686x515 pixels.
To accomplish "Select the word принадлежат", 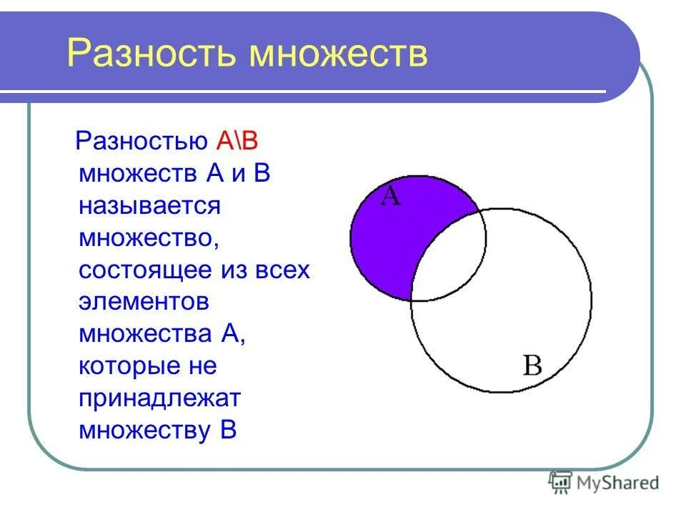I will tap(160, 398).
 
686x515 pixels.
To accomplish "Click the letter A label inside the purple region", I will tap(390, 196).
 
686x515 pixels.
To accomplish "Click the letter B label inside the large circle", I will tap(532, 366).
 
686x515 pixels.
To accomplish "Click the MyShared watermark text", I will tap(619, 484).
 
